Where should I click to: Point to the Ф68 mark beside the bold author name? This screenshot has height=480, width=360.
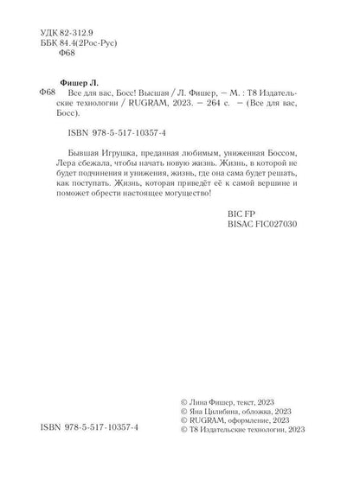pyautogui.click(x=49, y=91)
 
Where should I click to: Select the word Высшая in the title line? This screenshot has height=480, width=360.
pyautogui.click(x=154, y=92)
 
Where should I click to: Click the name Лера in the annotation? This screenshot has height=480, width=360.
pyautogui.click(x=78, y=171)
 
